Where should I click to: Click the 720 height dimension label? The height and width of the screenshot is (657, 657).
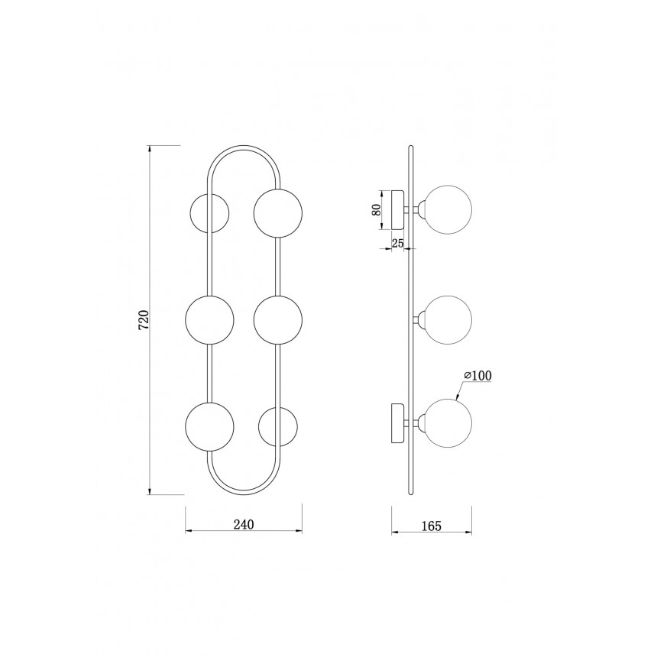144,319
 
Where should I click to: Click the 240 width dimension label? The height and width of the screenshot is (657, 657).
244,524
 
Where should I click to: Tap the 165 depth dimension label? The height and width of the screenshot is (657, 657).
432,526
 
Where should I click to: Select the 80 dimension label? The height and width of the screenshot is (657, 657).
377,210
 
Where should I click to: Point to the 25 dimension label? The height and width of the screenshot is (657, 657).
397,243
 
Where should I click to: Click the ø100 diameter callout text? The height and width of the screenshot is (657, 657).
477,376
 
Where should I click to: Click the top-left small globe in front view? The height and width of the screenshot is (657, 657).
209,213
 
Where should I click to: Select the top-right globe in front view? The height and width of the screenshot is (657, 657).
278,213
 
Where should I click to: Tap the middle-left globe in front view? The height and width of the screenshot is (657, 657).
209,320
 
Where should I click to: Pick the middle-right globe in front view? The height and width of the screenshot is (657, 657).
278,320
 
